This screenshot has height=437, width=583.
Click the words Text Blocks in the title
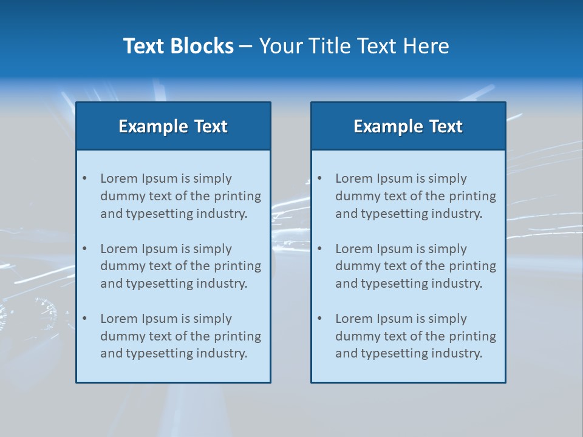tap(178, 46)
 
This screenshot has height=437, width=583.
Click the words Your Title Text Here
tap(354, 46)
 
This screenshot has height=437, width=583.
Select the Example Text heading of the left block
tap(173, 126)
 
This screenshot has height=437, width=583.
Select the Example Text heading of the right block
tap(408, 126)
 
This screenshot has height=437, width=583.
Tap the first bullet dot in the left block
tap(84, 178)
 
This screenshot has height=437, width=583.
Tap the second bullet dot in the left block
tap(84, 249)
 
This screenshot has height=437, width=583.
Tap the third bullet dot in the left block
tap(84, 319)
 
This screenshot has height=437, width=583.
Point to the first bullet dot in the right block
tap(319, 178)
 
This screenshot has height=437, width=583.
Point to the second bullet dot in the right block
tap(319, 249)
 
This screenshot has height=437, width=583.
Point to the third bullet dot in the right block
tap(319, 319)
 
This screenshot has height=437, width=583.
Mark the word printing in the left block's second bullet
tap(238, 266)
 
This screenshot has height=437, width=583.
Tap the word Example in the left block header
tap(154, 126)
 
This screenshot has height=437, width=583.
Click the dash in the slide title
tap(246, 47)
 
